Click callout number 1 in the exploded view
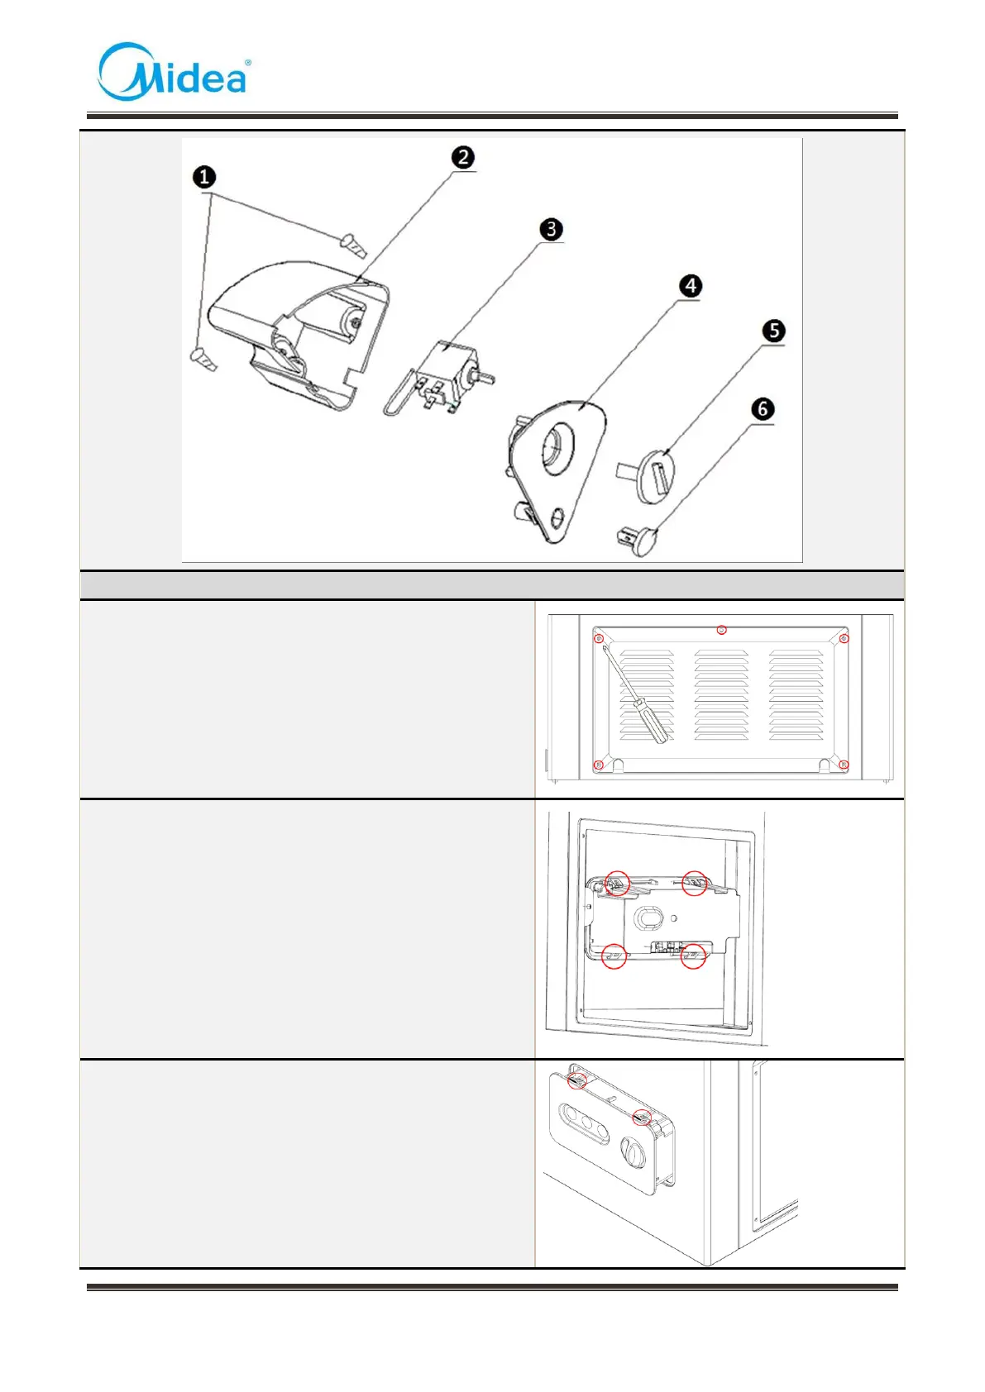(203, 177)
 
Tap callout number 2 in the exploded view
(463, 157)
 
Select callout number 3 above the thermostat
(551, 229)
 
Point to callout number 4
(691, 286)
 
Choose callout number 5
(773, 331)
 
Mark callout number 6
(763, 408)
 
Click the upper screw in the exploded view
(352, 245)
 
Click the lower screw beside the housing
(203, 359)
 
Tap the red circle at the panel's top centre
(722, 630)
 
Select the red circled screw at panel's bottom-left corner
(599, 765)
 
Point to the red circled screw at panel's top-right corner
(844, 638)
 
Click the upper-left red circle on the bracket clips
(617, 884)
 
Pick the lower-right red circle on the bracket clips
(693, 956)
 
